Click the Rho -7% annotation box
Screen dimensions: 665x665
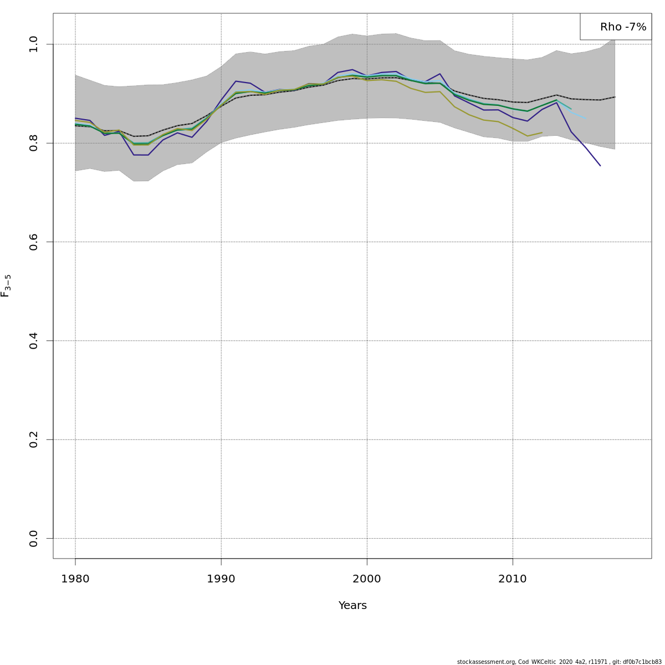pyautogui.click(x=616, y=27)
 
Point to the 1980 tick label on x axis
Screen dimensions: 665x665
pyautogui.click(x=75, y=580)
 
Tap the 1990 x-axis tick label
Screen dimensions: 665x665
pyautogui.click(x=221, y=580)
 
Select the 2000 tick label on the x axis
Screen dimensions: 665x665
pyautogui.click(x=367, y=580)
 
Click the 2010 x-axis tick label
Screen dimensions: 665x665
pyautogui.click(x=513, y=580)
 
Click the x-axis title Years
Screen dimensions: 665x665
pyautogui.click(x=352, y=606)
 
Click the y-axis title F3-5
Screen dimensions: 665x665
pyautogui.click(x=6, y=285)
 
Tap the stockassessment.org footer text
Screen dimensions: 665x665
pyautogui.click(x=559, y=662)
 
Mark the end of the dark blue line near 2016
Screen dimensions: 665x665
pyautogui.click(x=600, y=165)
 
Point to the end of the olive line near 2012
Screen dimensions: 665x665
pyautogui.click(x=542, y=132)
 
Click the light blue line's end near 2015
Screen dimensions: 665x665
pyautogui.click(x=585, y=119)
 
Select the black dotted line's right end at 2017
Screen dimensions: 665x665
pyautogui.click(x=615, y=97)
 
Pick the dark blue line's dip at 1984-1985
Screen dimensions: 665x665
pyautogui.click(x=141, y=155)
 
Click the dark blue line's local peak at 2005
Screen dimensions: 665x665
pyautogui.click(x=440, y=74)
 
